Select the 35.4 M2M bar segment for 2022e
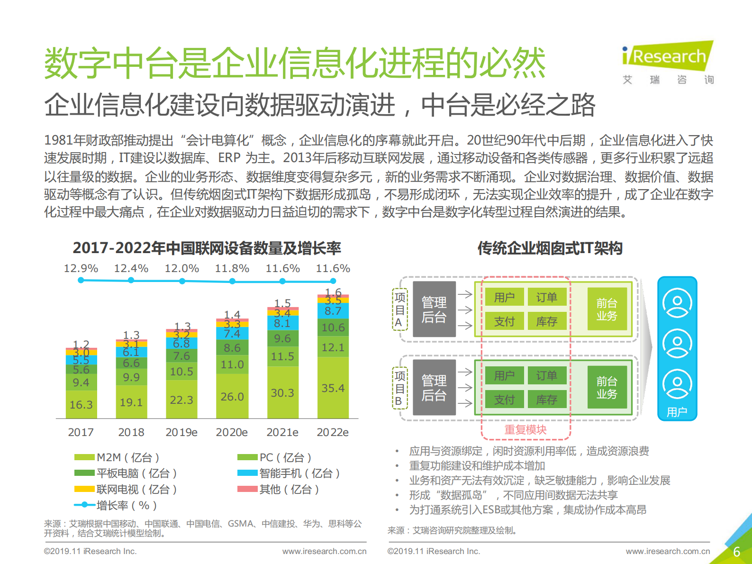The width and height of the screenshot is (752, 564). (333, 388)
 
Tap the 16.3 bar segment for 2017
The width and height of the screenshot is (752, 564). (81, 404)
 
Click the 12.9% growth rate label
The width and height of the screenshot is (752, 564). (81, 268)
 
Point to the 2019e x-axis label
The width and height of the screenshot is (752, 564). (181, 432)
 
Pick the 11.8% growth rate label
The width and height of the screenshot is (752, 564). (232, 268)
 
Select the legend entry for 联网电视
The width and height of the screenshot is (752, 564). (126, 489)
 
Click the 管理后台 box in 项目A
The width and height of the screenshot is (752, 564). (434, 309)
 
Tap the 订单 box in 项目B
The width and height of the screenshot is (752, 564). (546, 375)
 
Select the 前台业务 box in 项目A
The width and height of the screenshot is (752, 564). (607, 309)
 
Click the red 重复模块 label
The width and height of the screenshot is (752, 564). (525, 429)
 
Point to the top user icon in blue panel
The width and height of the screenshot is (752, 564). (677, 303)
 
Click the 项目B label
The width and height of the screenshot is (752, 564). (399, 388)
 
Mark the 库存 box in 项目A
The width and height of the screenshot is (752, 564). (546, 321)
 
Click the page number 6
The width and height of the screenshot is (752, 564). (736, 552)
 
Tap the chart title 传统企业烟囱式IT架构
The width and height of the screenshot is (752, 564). (550, 248)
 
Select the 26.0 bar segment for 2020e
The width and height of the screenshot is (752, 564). (232, 396)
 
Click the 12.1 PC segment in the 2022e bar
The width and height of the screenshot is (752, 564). (333, 347)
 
